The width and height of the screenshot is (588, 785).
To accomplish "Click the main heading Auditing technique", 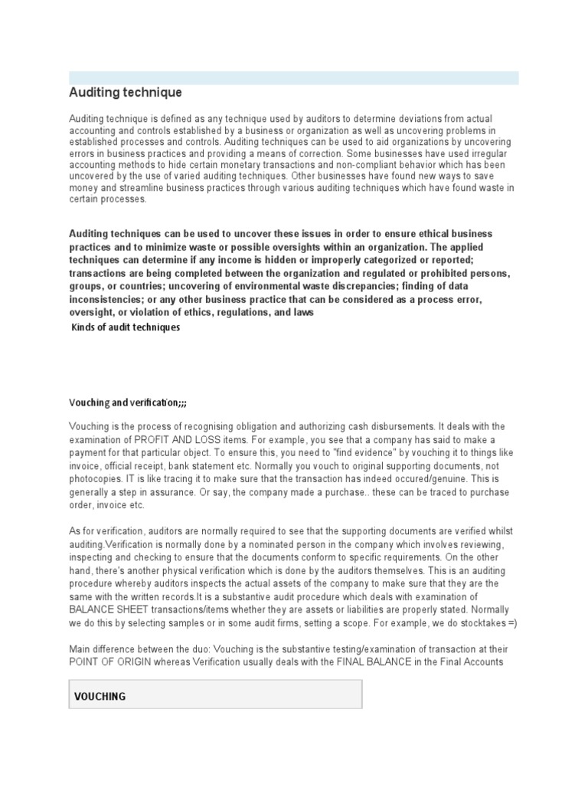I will click(126, 93).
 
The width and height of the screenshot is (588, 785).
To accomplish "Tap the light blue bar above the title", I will click(293, 77).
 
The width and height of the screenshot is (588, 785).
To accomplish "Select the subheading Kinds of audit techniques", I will click(126, 327).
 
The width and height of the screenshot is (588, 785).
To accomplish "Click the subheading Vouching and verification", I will click(127, 402).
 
